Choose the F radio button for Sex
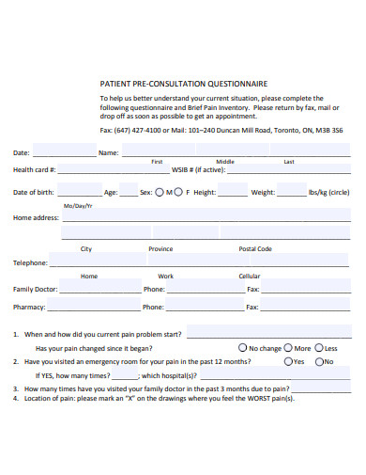(x=179, y=192)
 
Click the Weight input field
(x=291, y=192)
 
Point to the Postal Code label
(x=255, y=249)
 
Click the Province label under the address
(x=160, y=249)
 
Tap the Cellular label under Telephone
(x=250, y=277)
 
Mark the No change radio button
(x=243, y=347)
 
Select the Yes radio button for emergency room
(x=287, y=361)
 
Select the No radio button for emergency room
(x=319, y=361)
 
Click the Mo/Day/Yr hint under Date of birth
(x=78, y=205)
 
